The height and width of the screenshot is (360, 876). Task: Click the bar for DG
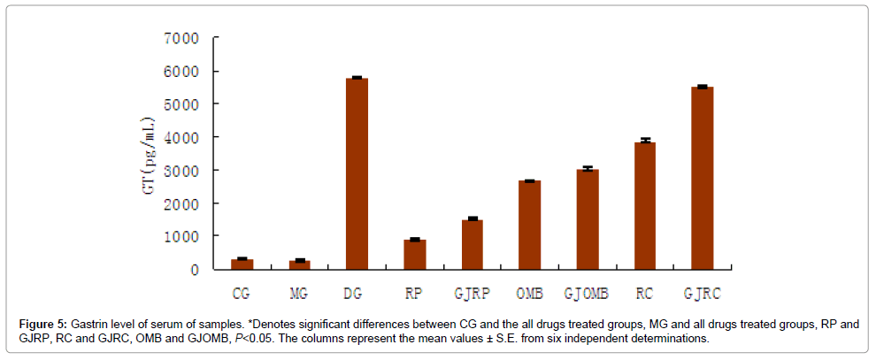357,173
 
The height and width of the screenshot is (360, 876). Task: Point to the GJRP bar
472,244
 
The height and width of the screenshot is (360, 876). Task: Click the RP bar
414,254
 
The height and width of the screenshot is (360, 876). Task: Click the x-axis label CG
242,292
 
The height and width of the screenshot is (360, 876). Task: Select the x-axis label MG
299,292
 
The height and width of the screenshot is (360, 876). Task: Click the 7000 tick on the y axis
181,39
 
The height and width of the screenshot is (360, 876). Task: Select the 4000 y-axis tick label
181,138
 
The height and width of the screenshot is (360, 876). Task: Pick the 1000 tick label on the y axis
181,236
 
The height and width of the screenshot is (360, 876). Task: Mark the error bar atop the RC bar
644,140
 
